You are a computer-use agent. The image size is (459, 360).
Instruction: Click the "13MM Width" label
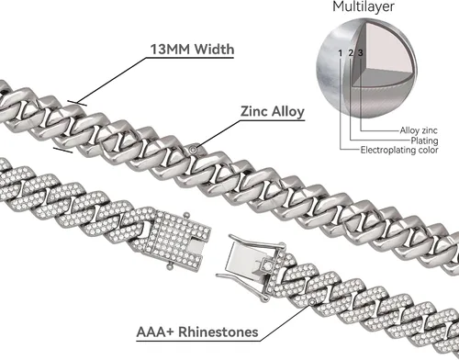click(192, 49)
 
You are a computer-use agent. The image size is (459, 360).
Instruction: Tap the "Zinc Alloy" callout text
click(273, 111)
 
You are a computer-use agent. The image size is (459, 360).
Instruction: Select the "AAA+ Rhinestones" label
click(197, 332)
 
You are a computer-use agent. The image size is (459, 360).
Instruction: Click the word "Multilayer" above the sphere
click(364, 6)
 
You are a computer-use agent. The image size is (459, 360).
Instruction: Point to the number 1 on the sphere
click(340, 53)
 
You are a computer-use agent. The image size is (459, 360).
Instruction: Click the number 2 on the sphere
click(351, 53)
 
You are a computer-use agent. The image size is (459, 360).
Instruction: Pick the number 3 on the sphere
click(361, 53)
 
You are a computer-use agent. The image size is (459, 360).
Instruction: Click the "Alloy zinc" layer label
click(419, 130)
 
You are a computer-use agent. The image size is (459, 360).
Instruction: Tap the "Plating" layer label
click(424, 141)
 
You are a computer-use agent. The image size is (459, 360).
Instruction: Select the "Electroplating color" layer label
click(399, 150)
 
